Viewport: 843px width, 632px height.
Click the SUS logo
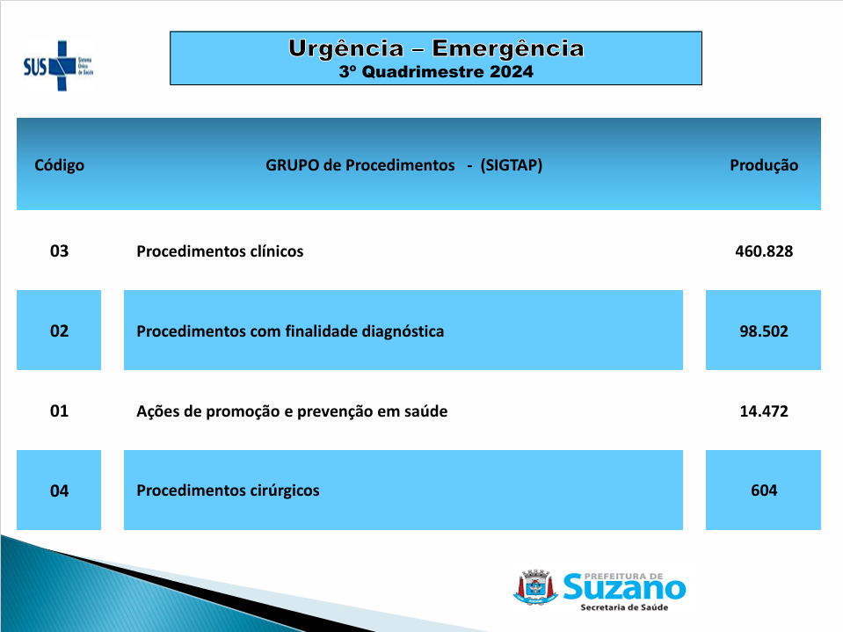click(x=58, y=66)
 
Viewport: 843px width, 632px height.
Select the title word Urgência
click(x=345, y=49)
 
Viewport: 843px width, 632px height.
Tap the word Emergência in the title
click(x=508, y=49)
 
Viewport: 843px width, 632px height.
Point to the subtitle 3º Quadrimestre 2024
click(x=436, y=72)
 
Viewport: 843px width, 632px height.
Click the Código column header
click(x=59, y=165)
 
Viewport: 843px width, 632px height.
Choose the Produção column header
click(x=763, y=165)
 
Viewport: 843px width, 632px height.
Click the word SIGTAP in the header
click(x=512, y=165)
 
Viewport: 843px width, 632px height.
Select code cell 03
click(x=59, y=251)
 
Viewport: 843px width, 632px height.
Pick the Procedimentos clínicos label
click(x=220, y=251)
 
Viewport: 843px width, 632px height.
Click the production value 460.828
click(x=764, y=251)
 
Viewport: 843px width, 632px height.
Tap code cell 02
click(x=59, y=331)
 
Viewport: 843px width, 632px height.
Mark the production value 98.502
click(x=763, y=331)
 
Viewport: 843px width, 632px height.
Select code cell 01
click(x=59, y=411)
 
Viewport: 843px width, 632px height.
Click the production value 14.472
click(x=764, y=411)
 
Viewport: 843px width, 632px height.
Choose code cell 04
click(x=59, y=490)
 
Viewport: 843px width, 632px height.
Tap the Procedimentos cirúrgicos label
click(x=228, y=490)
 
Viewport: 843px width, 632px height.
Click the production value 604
click(x=763, y=490)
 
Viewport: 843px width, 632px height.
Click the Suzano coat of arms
click(x=535, y=587)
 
